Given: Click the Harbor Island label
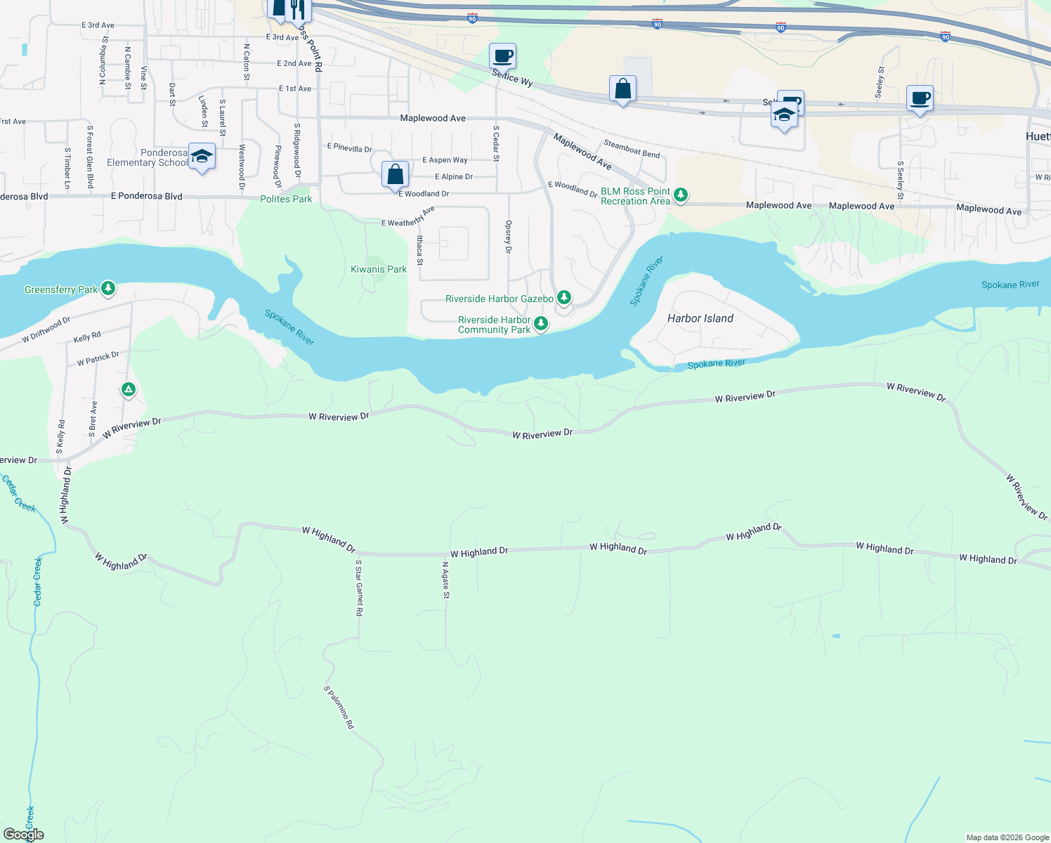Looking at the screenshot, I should coord(700,318).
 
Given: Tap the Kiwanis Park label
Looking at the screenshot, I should coord(379,269).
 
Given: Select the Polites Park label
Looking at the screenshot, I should coord(286,199).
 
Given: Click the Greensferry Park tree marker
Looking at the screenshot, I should coord(107,288).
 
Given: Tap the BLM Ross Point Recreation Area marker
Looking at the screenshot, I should coord(680,195).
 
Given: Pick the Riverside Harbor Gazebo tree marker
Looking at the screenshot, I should coord(563,297).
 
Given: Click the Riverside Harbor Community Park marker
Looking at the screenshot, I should coord(540,323).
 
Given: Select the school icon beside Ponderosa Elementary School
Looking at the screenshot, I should coord(202,157).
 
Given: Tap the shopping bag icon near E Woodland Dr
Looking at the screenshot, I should coord(396,174).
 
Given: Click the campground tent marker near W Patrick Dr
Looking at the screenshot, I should coord(128,389).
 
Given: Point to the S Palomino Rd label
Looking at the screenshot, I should coord(339,707).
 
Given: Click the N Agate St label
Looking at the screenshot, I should coord(445,580).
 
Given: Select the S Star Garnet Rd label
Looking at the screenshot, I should coord(359,587).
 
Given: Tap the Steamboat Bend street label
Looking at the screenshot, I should coord(632,149).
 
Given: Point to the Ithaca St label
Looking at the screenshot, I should coord(419,250).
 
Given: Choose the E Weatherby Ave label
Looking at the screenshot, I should coord(408,217).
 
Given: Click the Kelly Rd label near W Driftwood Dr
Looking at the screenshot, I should coord(87,337).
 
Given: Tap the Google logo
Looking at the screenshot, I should coord(24,835).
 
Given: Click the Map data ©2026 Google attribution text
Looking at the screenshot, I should coord(1007,837).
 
